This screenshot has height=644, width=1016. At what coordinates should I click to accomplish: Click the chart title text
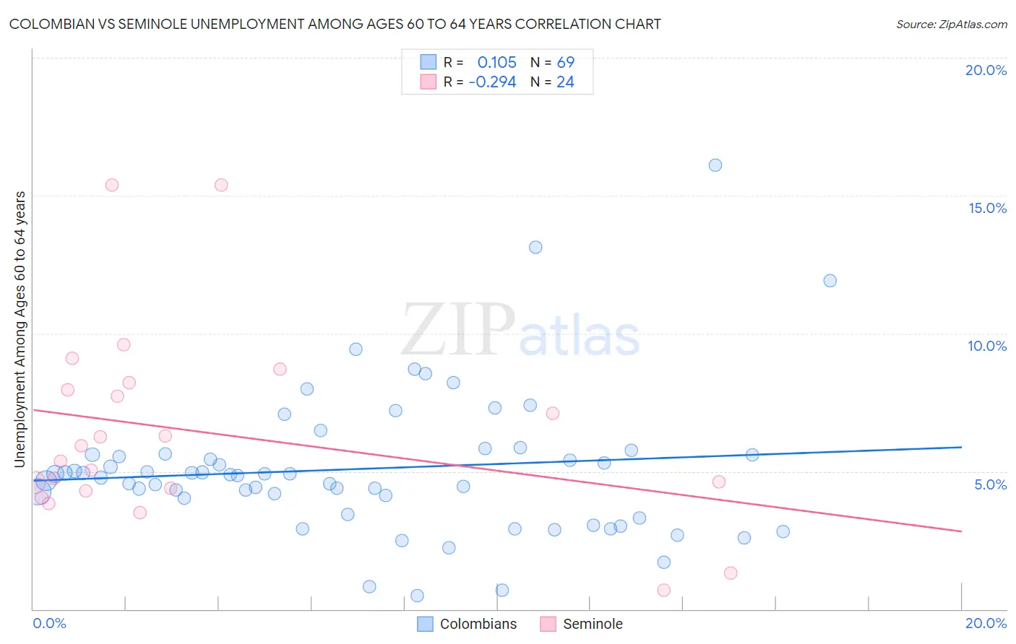[x=335, y=25]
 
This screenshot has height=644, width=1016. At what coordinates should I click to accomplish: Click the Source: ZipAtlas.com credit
[x=951, y=25]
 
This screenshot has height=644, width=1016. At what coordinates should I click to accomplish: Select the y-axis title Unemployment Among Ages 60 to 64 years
[x=20, y=329]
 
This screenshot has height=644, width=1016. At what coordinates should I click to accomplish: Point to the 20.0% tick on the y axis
[x=986, y=70]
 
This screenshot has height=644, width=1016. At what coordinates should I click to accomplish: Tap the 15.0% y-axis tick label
[x=987, y=208]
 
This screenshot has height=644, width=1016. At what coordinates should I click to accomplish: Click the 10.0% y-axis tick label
[x=987, y=346]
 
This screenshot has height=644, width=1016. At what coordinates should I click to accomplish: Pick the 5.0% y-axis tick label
[x=990, y=484]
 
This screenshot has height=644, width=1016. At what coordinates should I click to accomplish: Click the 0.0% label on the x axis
[x=49, y=623]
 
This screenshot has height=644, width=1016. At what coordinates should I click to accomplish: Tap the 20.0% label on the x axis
[x=986, y=623]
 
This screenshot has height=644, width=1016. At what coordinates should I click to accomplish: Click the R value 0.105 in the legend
[x=496, y=63]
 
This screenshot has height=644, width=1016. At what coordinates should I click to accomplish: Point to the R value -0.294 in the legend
[x=492, y=82]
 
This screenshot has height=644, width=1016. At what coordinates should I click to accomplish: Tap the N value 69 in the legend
[x=565, y=63]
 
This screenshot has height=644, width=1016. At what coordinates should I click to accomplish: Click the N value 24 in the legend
[x=565, y=82]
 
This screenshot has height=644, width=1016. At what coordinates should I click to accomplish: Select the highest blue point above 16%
[x=715, y=165]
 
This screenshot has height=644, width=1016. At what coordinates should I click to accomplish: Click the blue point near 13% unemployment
[x=535, y=248]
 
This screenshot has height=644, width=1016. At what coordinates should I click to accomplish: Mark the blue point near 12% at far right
[x=830, y=281]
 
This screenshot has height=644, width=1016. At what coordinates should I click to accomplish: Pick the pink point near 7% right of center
[x=553, y=414]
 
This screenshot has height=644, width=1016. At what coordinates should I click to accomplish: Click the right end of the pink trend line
[x=961, y=531]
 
